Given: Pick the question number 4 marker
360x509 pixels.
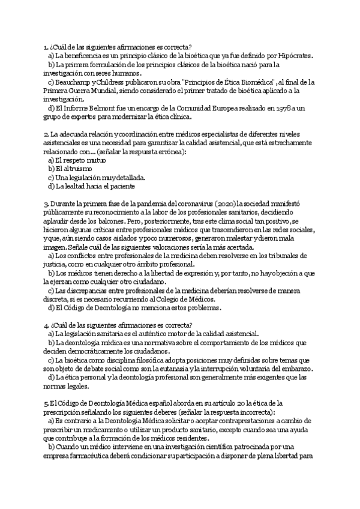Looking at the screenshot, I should (x=46, y=325).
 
